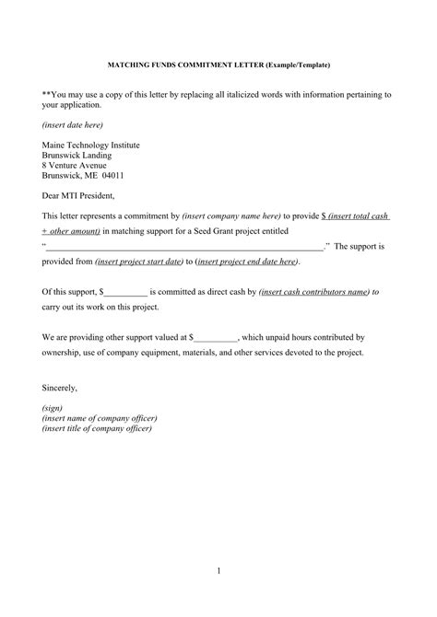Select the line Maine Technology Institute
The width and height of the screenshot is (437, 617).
(x=89, y=146)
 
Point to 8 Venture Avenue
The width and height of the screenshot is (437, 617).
(x=75, y=165)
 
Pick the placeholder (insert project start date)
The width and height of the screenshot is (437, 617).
(x=137, y=262)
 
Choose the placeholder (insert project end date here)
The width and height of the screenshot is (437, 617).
(x=246, y=262)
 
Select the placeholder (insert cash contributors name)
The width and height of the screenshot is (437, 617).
(x=313, y=292)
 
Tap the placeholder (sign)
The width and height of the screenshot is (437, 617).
(x=53, y=408)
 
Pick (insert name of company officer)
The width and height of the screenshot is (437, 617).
(x=100, y=418)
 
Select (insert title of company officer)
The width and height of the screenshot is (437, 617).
(x=98, y=428)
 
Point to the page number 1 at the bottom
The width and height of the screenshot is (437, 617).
(x=218, y=572)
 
